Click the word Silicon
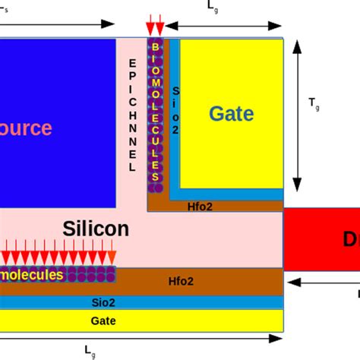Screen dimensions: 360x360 [x=96, y=229]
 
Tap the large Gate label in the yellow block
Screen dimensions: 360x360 [x=230, y=114]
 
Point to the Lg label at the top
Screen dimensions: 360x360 [x=213, y=6]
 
